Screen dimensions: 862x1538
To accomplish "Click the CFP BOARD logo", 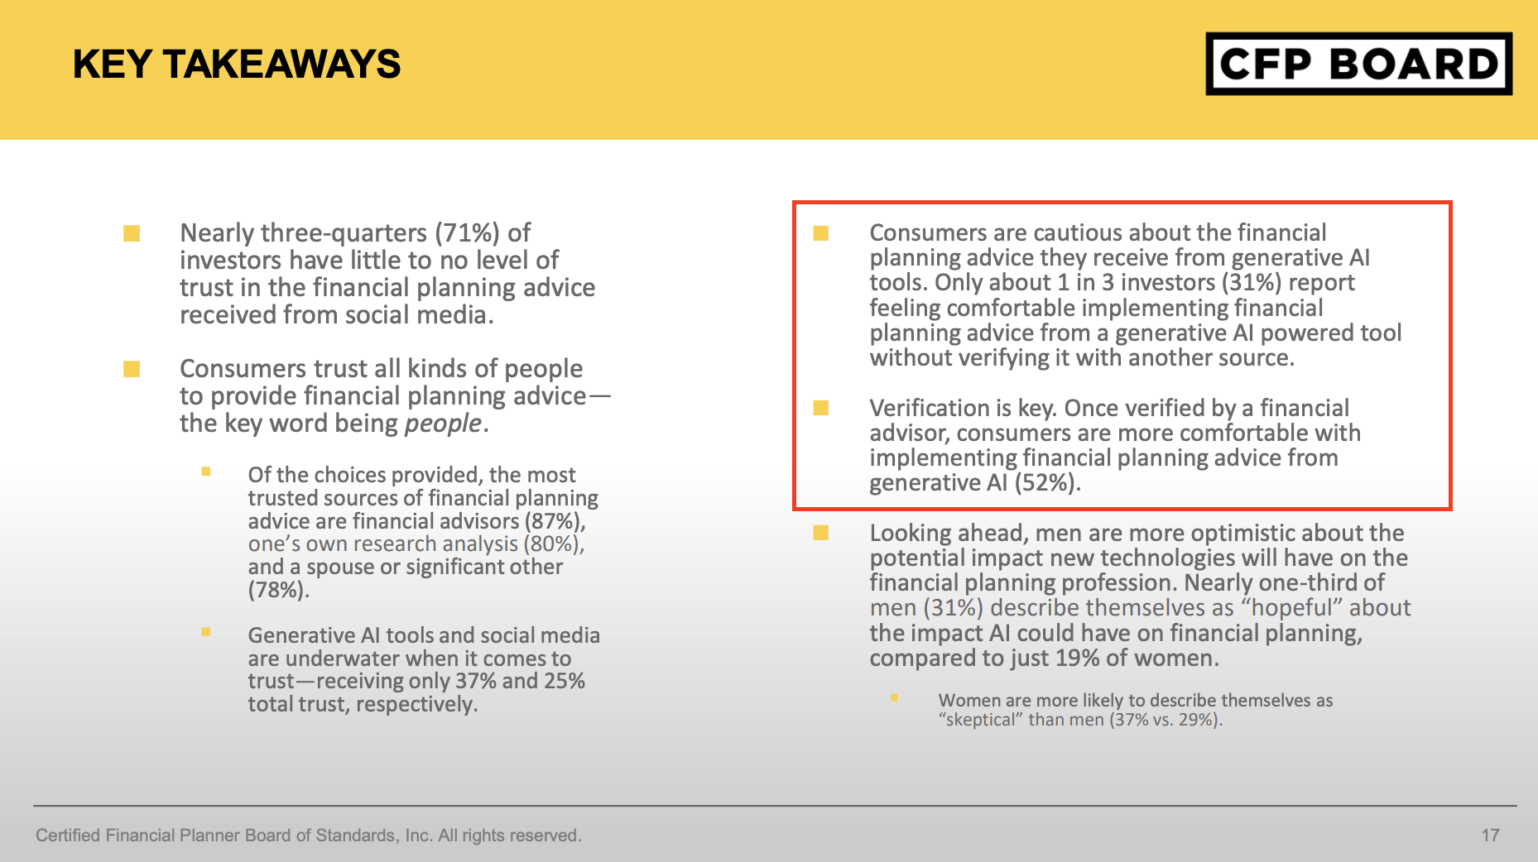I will click(1358, 64).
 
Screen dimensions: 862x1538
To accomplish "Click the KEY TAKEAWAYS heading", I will click(237, 65).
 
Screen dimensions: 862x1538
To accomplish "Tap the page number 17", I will click(1490, 836).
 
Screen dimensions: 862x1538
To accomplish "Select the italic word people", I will click(443, 424).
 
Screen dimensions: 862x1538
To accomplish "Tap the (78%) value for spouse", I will click(278, 591).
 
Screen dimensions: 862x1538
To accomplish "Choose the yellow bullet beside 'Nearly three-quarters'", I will click(132, 233).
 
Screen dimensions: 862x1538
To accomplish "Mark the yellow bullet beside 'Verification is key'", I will click(821, 408).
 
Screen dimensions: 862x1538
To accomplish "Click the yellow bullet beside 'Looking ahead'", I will click(821, 533).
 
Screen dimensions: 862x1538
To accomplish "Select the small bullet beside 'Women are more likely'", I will click(894, 698).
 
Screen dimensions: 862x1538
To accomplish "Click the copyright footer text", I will click(308, 836).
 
